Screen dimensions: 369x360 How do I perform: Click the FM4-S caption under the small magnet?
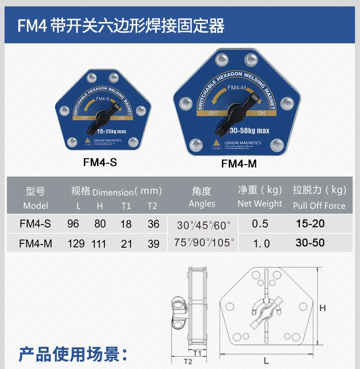click(100, 162)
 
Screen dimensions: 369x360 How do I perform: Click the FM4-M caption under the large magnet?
click(239, 163)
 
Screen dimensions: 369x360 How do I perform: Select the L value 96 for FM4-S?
click(73, 224)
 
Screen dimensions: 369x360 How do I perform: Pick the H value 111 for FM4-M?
click(99, 244)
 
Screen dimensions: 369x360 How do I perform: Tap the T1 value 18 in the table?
click(126, 224)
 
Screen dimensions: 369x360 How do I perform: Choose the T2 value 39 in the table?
click(154, 244)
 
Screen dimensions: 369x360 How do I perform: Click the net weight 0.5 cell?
click(260, 224)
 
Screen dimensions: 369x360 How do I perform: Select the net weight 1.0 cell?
click(261, 244)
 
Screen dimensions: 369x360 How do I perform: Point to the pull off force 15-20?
click(310, 223)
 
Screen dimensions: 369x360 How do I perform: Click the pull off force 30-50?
click(310, 243)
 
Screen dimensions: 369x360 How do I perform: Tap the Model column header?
click(36, 205)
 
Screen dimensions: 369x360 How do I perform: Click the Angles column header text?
click(202, 203)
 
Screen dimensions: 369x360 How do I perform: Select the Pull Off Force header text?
click(319, 206)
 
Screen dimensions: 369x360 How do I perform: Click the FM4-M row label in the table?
click(36, 244)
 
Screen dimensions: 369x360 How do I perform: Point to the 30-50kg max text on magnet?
click(249, 131)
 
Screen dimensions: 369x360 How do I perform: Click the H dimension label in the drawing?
click(323, 308)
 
